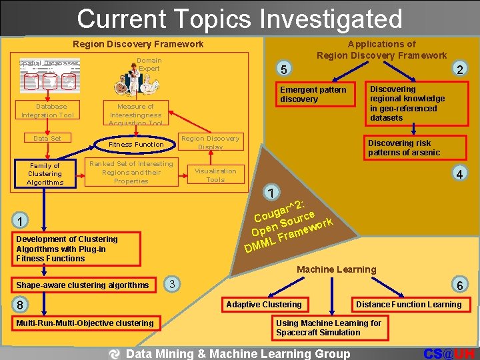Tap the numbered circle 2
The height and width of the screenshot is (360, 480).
[x=459, y=69]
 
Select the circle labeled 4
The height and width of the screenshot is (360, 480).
[x=459, y=174]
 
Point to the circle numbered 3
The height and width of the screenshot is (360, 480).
[x=171, y=284]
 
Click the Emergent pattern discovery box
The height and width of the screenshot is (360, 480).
[x=317, y=95]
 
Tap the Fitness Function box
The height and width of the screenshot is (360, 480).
[x=136, y=144]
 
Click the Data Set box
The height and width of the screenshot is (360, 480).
[x=47, y=138]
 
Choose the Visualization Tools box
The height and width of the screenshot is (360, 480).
[x=215, y=175]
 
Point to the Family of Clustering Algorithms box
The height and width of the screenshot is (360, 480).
[x=45, y=174]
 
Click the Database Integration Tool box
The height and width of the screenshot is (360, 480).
[x=47, y=111]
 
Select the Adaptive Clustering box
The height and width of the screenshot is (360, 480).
[x=264, y=305]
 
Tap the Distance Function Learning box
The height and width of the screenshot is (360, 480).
[x=409, y=305]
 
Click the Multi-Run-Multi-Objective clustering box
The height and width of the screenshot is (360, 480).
[x=85, y=323]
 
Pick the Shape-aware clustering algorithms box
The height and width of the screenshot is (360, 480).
[x=83, y=285]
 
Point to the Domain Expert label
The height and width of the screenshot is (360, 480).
[x=149, y=64]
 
